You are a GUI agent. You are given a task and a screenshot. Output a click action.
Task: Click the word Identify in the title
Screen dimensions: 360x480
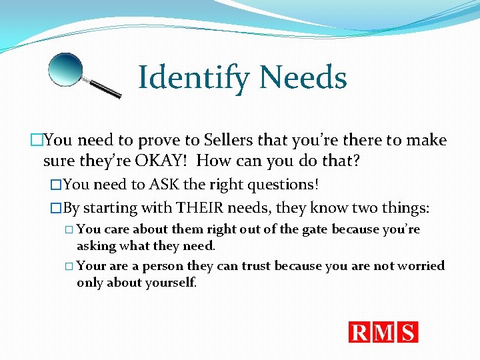point(194,78)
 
